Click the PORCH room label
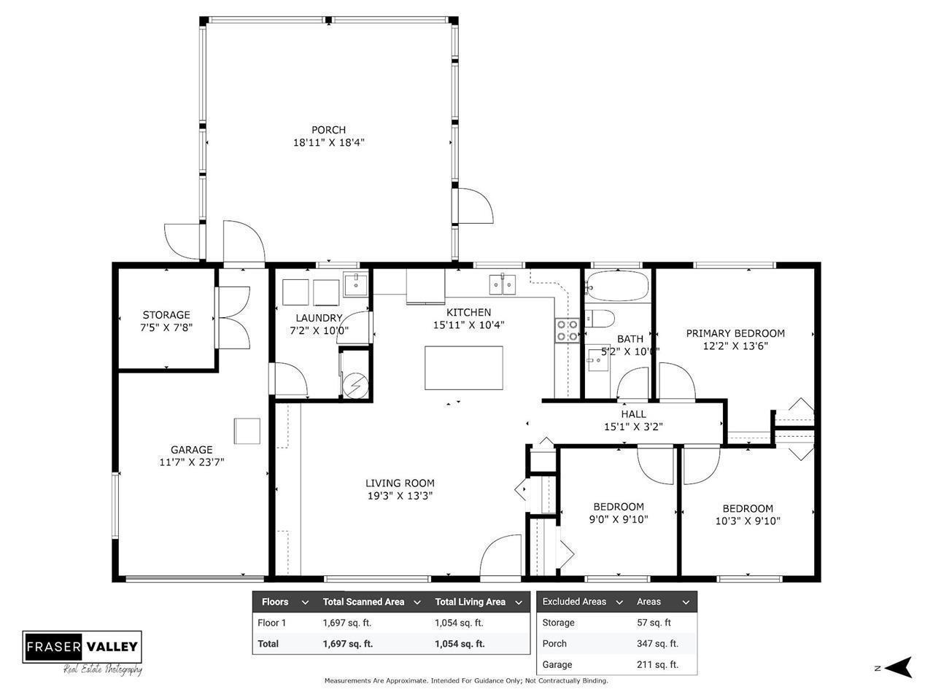[x=328, y=130]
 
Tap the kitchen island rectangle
[x=464, y=368]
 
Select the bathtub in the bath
[x=616, y=287]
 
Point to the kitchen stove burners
[x=568, y=330]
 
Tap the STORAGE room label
[x=166, y=315]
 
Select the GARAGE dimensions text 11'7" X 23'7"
[x=191, y=462]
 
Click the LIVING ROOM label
[x=400, y=483]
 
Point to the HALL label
[x=633, y=414]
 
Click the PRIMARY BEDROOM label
[x=735, y=333]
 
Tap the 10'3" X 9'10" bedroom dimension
[x=748, y=521]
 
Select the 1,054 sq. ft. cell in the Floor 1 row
[x=459, y=623]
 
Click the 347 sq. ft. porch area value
[x=657, y=644]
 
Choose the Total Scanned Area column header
[x=363, y=602]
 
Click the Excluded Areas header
[x=574, y=602]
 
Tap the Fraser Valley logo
[x=82, y=646]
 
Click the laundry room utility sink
[x=355, y=284]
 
